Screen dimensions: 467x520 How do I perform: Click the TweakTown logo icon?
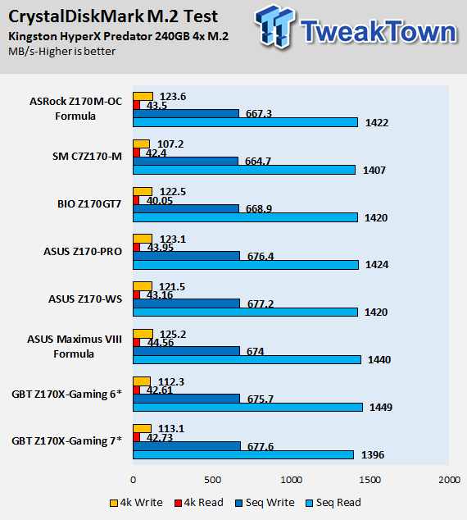[x=274, y=26]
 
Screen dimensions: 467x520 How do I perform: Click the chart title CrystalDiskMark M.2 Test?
[x=113, y=16]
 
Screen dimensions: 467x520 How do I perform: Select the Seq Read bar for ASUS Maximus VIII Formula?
[x=247, y=360]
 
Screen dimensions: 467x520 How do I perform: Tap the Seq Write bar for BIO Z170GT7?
[x=186, y=208]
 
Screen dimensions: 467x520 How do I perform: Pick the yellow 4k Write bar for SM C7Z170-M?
[x=142, y=144]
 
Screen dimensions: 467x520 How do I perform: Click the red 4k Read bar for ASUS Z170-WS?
[x=137, y=294]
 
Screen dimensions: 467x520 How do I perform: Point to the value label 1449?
[x=381, y=408]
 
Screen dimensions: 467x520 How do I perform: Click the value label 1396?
[x=373, y=454]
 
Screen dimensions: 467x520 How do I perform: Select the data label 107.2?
[x=170, y=144]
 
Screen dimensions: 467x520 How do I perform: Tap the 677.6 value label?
[x=261, y=447]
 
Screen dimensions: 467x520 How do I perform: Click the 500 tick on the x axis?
[x=212, y=480]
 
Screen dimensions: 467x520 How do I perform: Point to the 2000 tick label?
[x=449, y=480]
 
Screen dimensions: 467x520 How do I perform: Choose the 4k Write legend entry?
[x=136, y=503]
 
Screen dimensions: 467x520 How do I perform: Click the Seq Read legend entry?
[x=333, y=503]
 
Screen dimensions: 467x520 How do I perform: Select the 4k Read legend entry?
[x=199, y=503]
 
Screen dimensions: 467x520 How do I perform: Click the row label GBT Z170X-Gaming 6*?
[x=67, y=395]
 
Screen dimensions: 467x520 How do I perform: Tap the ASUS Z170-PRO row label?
[x=83, y=252]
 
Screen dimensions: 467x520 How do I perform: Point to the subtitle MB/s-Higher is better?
[x=62, y=52]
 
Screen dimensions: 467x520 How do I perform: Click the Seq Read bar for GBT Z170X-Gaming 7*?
[x=243, y=454]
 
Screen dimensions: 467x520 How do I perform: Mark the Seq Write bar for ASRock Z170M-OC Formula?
[x=186, y=113]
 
